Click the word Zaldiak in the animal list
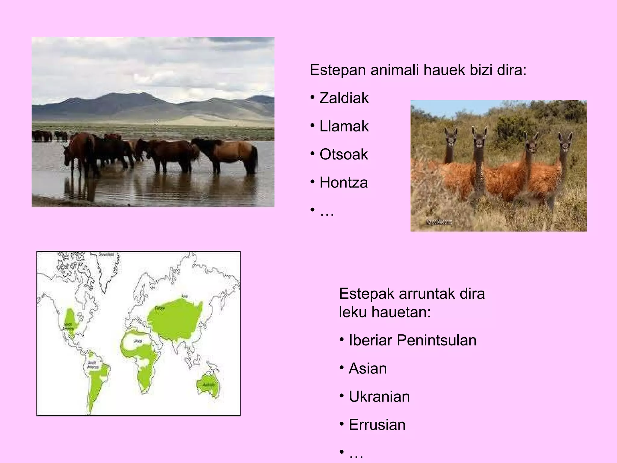(x=344, y=98)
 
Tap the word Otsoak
(x=343, y=154)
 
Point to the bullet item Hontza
(x=343, y=182)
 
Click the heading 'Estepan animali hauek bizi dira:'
(x=418, y=70)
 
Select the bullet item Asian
(x=368, y=368)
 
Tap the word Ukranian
(x=379, y=396)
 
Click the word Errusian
(x=377, y=424)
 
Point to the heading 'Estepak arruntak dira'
(x=412, y=294)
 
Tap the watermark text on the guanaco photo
(x=439, y=222)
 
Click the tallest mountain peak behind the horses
(x=144, y=94)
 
